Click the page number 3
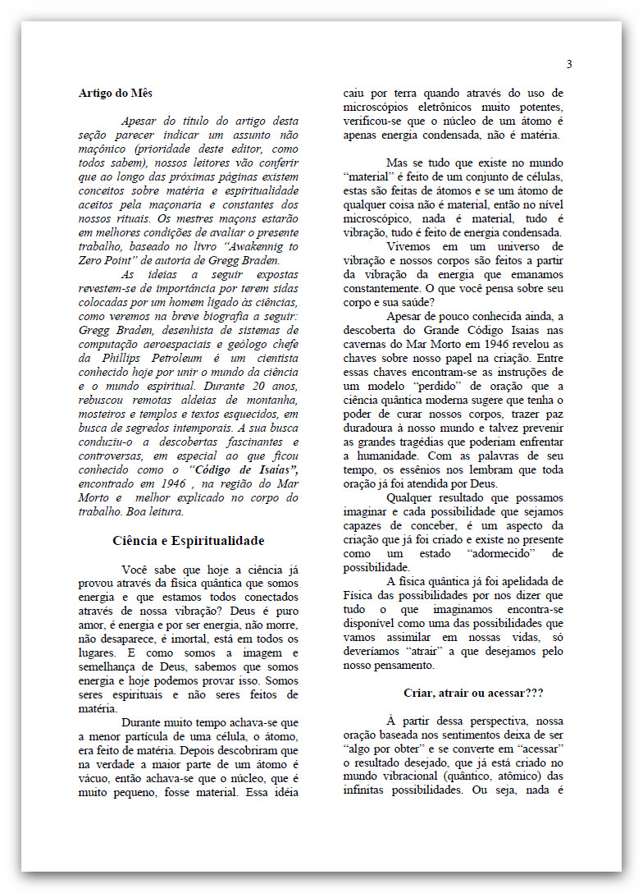pyautogui.click(x=569, y=65)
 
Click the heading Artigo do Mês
pyautogui.click(x=116, y=93)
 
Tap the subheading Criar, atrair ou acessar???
pyautogui.click(x=473, y=693)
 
